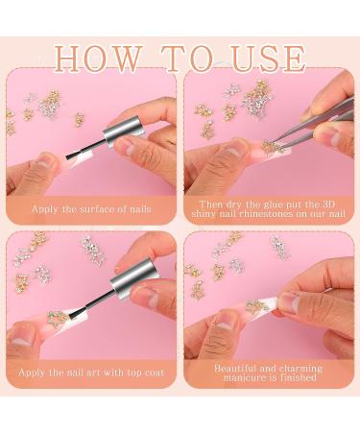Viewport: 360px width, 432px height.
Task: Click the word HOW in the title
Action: point(98,59)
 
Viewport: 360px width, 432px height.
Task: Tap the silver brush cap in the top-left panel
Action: point(123,132)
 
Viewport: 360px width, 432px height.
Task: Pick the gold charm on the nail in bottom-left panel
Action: point(57,317)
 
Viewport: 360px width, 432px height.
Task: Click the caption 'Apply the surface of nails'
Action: point(91,209)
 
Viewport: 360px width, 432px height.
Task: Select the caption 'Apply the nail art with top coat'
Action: point(91,372)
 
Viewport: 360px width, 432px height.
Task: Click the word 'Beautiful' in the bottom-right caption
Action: point(235,368)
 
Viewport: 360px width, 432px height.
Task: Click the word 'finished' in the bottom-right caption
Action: point(298,377)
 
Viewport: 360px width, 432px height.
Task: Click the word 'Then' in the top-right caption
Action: point(210,204)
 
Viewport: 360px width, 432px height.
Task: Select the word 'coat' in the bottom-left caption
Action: point(154,372)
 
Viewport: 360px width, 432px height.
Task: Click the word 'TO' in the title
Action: point(189,59)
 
